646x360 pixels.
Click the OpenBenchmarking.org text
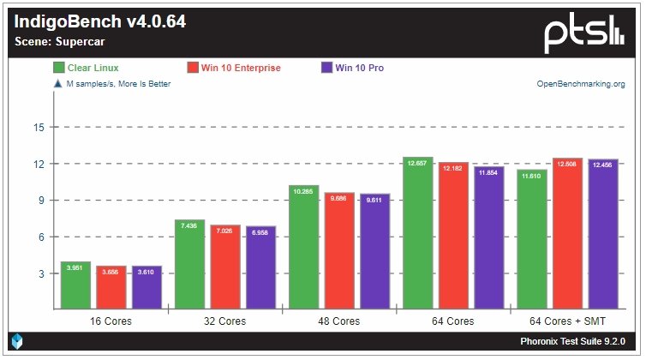point(580,84)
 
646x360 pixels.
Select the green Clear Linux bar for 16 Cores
point(76,285)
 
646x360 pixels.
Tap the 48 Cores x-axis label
point(339,321)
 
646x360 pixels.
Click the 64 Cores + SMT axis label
point(567,321)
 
